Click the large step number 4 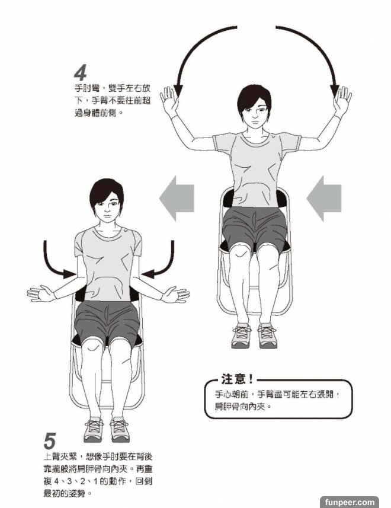(x=81, y=73)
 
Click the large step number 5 (x=50, y=441)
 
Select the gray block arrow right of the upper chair (x=324, y=198)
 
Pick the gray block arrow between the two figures (x=177, y=198)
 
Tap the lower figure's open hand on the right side (x=175, y=294)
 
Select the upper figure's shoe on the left (x=241, y=336)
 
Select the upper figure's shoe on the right (x=267, y=336)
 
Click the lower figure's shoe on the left (x=94, y=430)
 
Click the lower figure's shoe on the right (x=120, y=430)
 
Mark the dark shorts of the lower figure (x=107, y=322)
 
